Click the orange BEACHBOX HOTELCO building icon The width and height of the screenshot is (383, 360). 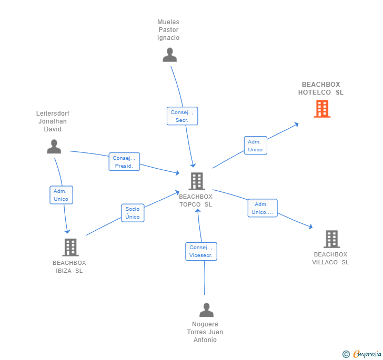pyautogui.click(x=322, y=109)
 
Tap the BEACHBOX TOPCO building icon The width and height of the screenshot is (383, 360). pyautogui.click(x=197, y=181)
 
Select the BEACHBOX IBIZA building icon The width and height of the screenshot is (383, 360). pyautogui.click(x=70, y=247)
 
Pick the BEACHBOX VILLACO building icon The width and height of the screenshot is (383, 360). pyautogui.click(x=331, y=239)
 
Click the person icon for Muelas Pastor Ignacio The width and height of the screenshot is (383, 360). pyautogui.click(x=170, y=55)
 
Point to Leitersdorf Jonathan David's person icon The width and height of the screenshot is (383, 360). pyautogui.click(x=54, y=147)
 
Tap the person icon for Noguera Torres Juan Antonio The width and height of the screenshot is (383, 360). pyautogui.click(x=206, y=310)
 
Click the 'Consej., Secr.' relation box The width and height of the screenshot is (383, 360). pyautogui.click(x=182, y=116)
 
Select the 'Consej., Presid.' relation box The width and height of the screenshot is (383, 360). pyautogui.click(x=124, y=161)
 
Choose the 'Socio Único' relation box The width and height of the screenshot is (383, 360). pyautogui.click(x=133, y=213)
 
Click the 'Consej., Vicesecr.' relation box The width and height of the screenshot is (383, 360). pyautogui.click(x=201, y=251)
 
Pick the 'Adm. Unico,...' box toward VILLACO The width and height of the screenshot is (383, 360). pyautogui.click(x=263, y=208)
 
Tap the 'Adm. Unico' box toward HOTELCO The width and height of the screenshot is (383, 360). pyautogui.click(x=255, y=146)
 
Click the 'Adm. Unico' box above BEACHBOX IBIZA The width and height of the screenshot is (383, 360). pyautogui.click(x=61, y=195)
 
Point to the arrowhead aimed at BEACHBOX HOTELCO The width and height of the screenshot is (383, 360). pyautogui.click(x=297, y=125)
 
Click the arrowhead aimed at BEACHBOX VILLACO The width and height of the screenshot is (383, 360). pyautogui.click(x=310, y=227)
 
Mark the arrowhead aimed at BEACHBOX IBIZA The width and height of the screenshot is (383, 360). pyautogui.click(x=67, y=231)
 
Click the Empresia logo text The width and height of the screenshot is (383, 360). pyautogui.click(x=367, y=354)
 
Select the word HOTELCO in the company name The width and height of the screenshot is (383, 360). pyautogui.click(x=315, y=92)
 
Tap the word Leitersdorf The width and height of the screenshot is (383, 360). pyautogui.click(x=53, y=113)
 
